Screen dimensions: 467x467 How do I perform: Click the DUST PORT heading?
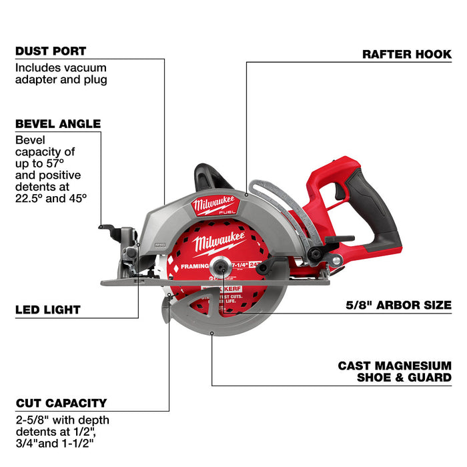[51, 51]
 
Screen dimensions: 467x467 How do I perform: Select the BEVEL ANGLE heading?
[57, 123]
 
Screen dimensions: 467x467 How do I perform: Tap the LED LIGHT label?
[47, 310]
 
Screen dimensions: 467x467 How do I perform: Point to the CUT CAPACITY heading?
[61, 403]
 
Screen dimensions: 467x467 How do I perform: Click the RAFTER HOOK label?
[407, 54]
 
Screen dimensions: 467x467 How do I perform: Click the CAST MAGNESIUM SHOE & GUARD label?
[394, 372]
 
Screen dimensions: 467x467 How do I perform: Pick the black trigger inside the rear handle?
[341, 191]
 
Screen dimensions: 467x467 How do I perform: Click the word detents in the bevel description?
[31, 187]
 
